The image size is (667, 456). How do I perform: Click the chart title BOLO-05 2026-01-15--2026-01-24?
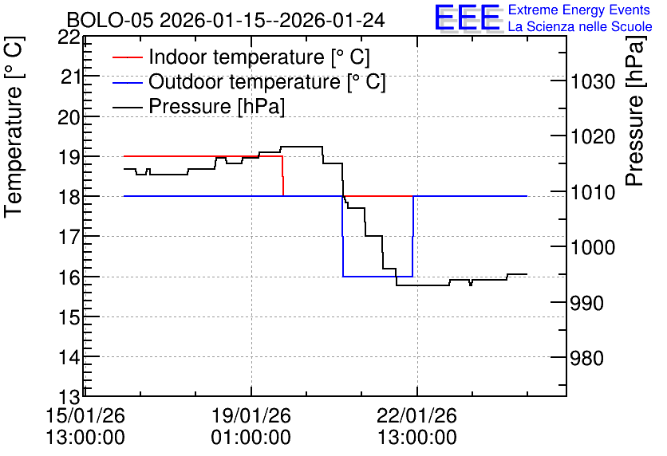click(226, 20)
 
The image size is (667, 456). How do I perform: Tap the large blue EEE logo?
click(468, 18)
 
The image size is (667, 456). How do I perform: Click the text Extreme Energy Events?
click(579, 10)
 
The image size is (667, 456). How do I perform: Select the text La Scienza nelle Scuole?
click(580, 27)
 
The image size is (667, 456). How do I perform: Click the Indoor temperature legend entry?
click(241, 57)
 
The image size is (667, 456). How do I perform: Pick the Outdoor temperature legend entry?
click(249, 81)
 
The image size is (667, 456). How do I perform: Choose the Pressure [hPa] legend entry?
click(199, 106)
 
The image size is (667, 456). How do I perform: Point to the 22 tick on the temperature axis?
click(69, 37)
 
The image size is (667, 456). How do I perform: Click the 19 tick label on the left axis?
click(69, 157)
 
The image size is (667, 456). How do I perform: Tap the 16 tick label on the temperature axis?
click(69, 277)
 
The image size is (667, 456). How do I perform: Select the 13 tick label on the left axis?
click(69, 398)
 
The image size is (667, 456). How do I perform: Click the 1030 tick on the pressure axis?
click(593, 81)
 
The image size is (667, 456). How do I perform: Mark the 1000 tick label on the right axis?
click(593, 248)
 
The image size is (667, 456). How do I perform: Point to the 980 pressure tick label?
click(587, 359)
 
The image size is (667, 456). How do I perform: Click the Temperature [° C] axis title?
click(14, 128)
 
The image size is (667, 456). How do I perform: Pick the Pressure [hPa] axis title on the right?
click(634, 112)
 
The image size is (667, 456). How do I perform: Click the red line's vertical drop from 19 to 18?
click(283, 176)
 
